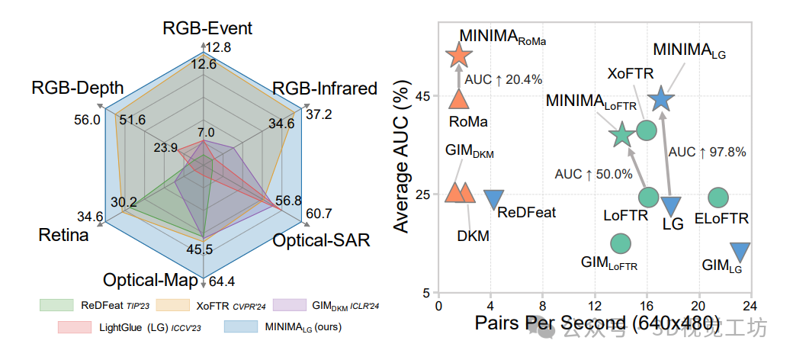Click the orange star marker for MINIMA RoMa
coord(459,55)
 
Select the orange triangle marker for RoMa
coord(459,98)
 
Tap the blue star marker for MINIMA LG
coord(661,98)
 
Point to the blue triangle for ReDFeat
coord(493,198)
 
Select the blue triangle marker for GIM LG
coord(740,251)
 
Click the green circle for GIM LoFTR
coord(621,243)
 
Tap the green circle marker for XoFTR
coord(647,130)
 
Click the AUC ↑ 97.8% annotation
coord(707,152)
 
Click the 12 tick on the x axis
coord(595,304)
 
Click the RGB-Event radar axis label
coord(207,29)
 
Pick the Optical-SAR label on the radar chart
coord(322,240)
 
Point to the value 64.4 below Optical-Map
coord(223,280)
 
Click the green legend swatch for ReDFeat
coord(56,305)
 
